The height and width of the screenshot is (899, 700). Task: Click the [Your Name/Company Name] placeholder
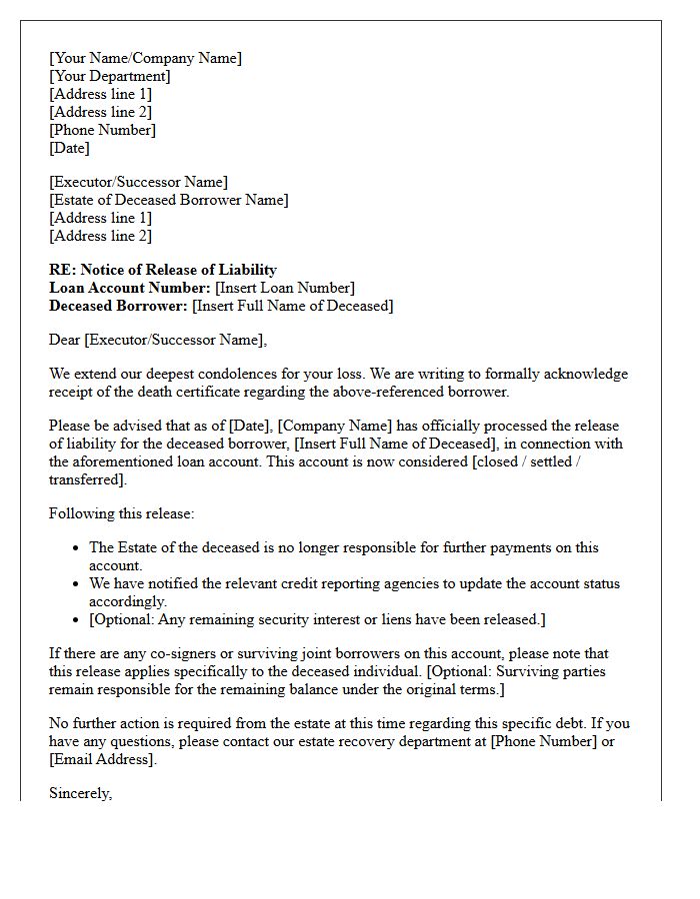coord(145,58)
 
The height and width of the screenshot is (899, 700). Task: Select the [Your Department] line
coord(109,76)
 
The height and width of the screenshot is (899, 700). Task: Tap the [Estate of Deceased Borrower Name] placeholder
coord(168,200)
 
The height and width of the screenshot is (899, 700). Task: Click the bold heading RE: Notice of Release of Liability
coord(163,270)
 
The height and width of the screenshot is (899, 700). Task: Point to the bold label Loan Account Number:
coord(130,288)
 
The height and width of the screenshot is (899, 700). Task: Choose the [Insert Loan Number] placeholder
coord(285,288)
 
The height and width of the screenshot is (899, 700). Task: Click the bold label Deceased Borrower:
coord(118,306)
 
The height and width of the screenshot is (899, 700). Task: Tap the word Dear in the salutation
coord(65,340)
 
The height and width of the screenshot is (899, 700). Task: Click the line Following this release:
coord(121,513)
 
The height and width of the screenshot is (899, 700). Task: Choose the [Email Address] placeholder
coord(102,759)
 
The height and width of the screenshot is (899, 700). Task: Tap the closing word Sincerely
coord(80,793)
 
